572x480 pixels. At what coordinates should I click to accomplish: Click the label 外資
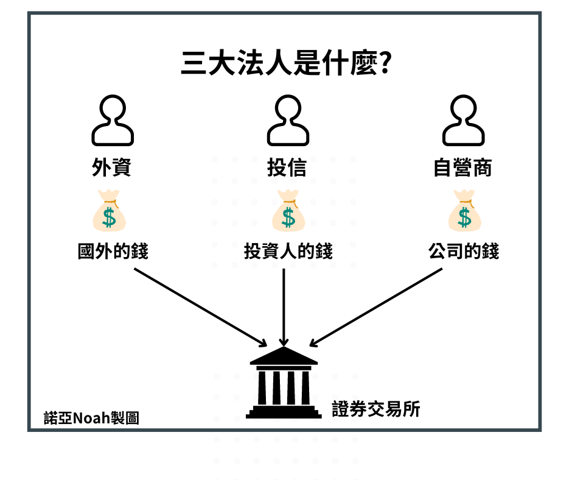click(112, 168)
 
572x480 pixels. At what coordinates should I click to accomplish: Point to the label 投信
click(287, 168)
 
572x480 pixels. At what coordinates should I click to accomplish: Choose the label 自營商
click(462, 168)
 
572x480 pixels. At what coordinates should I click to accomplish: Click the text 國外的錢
click(113, 251)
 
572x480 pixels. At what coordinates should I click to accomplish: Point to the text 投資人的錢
click(288, 251)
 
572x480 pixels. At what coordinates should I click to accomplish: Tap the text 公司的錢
click(464, 251)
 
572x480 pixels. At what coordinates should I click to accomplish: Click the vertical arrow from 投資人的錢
click(284, 308)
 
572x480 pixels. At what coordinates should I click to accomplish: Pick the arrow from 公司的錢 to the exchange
click(376, 306)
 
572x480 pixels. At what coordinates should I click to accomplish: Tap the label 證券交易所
click(376, 409)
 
